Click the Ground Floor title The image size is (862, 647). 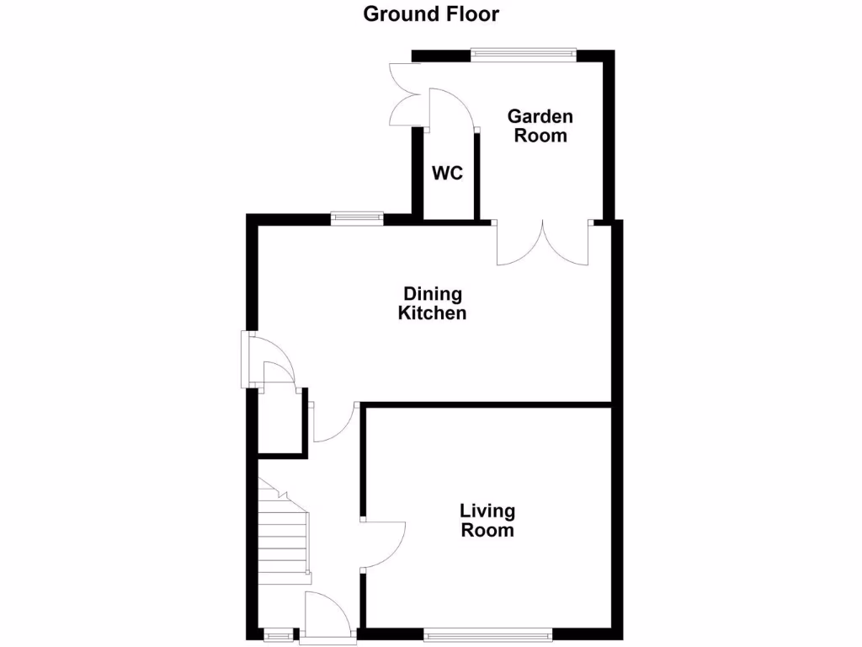tap(431, 14)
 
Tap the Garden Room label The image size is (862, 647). tap(540, 126)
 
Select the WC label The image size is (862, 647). tap(447, 174)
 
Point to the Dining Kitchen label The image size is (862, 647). tap(433, 303)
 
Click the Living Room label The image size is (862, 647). tap(487, 521)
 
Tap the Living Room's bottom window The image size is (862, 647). tap(488, 633)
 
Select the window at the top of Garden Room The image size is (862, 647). tap(523, 56)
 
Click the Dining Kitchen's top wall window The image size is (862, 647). tap(357, 218)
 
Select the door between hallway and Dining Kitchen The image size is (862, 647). tap(337, 424)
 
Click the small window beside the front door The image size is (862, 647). tap(277, 633)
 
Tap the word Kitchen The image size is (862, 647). tap(433, 313)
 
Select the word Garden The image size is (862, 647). tap(540, 116)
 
